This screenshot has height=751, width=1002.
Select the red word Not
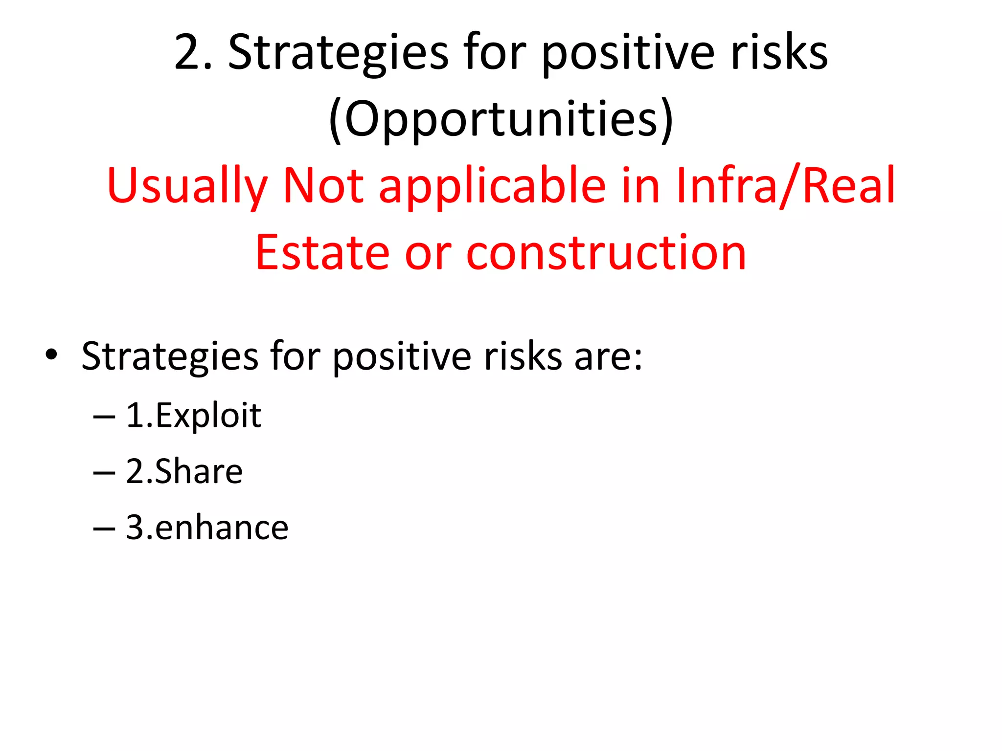click(x=323, y=186)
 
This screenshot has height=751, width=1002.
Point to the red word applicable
click(x=492, y=186)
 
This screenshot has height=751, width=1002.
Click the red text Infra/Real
click(x=785, y=186)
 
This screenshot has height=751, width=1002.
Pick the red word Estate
click(x=322, y=253)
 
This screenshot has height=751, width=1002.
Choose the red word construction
click(x=606, y=253)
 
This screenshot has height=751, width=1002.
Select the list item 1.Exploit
click(x=193, y=416)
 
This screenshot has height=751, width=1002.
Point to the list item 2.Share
click(x=184, y=472)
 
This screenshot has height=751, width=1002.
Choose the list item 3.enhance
click(x=207, y=528)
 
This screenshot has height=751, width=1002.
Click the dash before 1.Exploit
click(x=104, y=417)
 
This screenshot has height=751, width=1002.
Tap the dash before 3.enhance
click(x=104, y=529)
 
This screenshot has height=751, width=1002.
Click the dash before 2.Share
click(x=104, y=473)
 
